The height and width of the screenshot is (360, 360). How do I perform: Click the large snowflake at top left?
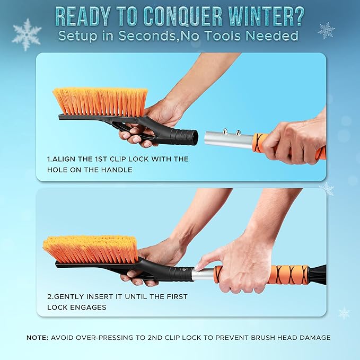click(26, 34)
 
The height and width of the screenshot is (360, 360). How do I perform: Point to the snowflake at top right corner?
click(326, 30)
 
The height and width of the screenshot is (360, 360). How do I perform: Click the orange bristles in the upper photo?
click(101, 100)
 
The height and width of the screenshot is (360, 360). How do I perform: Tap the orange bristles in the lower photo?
click(90, 248)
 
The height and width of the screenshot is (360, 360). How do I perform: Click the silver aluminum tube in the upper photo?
click(228, 140)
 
